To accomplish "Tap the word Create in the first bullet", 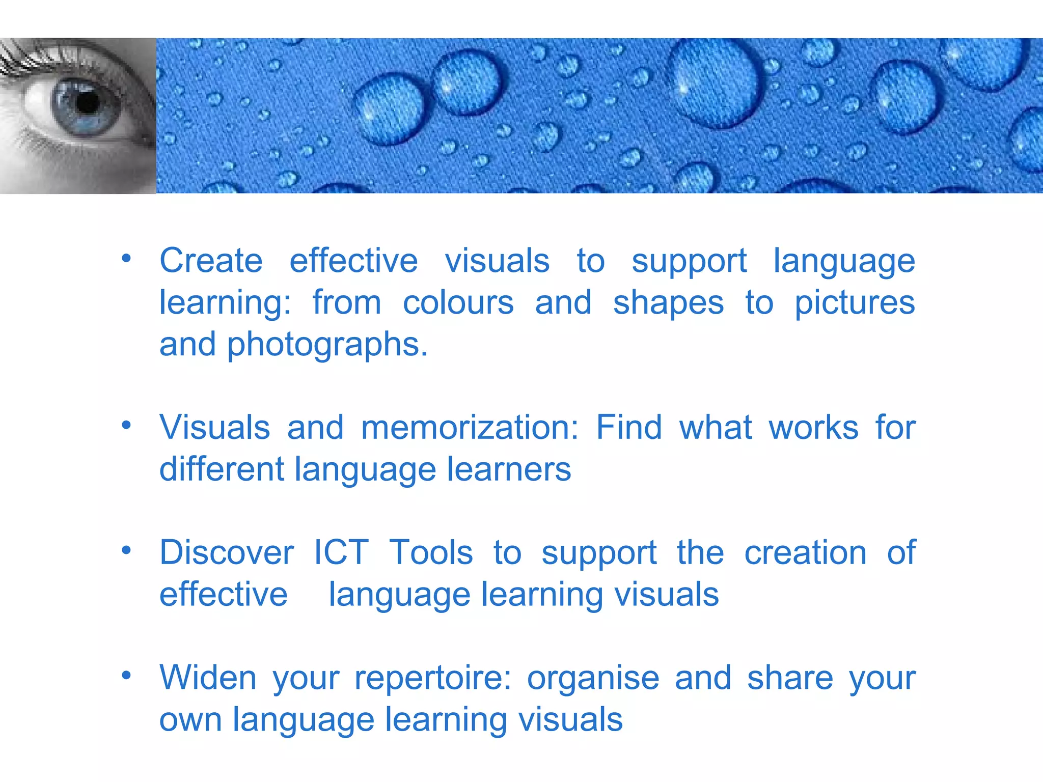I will pyautogui.click(x=211, y=261).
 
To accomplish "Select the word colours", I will pyautogui.click(x=458, y=303).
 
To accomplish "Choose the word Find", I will pyautogui.click(x=629, y=427).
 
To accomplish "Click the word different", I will pyautogui.click(x=222, y=469).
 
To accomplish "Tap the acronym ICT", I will pyautogui.click(x=341, y=552).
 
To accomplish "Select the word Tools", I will pyautogui.click(x=431, y=552).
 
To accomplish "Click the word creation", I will pyautogui.click(x=805, y=552).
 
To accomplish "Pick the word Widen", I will pyautogui.click(x=208, y=678).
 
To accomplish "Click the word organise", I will pyautogui.click(x=593, y=679).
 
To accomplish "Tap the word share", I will pyautogui.click(x=790, y=678).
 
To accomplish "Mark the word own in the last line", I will pyautogui.click(x=190, y=720).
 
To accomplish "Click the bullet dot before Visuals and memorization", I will pyautogui.click(x=126, y=425).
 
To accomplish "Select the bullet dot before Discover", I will pyautogui.click(x=126, y=550).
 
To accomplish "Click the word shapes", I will pyautogui.click(x=668, y=304).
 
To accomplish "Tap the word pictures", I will pyautogui.click(x=855, y=304).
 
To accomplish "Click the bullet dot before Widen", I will pyautogui.click(x=126, y=676).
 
